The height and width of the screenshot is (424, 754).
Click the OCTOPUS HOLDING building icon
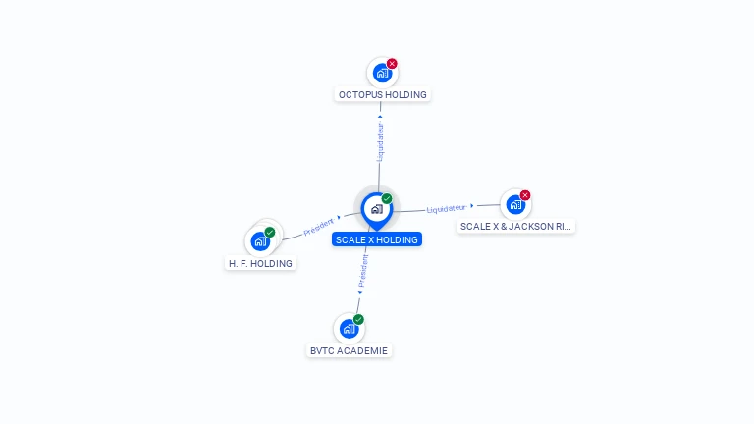pos(382,73)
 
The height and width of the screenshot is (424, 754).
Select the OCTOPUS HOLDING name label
pos(382,95)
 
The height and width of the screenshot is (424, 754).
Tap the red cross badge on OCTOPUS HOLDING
pos(392,64)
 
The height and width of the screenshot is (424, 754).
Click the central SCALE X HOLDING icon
pos(376,208)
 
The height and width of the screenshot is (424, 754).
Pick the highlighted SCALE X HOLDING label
pos(377,239)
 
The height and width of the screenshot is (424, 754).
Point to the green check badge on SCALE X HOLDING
pos(387,199)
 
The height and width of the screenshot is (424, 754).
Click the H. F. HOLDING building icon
pos(260,240)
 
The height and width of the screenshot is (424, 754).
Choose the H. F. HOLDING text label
pos(260,264)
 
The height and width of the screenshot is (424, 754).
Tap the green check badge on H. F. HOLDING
pos(270,233)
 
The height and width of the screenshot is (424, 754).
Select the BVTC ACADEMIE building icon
pos(349,328)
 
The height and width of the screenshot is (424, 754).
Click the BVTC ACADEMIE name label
pos(349,350)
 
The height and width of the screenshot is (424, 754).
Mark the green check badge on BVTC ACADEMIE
pos(358,319)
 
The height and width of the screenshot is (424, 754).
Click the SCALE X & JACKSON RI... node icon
pos(515,204)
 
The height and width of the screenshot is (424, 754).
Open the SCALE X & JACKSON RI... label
pos(516,227)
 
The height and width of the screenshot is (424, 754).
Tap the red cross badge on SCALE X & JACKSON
pos(525,195)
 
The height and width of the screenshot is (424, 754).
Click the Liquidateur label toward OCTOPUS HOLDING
pos(380,141)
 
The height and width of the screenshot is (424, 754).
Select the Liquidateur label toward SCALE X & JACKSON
pos(447,208)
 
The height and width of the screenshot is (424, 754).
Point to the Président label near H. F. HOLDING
pos(319,227)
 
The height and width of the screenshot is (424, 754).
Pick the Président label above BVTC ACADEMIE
pos(363,270)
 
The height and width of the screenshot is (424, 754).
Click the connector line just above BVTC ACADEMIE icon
pos(357,303)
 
